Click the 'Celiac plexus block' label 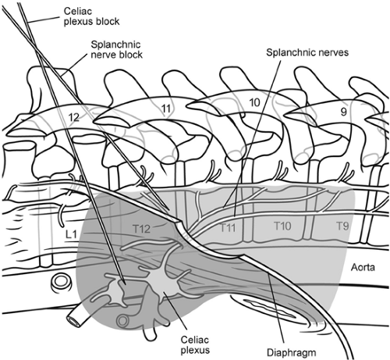pyautogui.click(x=91, y=16)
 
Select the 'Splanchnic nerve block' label pyautogui.click(x=116, y=49)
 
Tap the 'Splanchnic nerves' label pyautogui.click(x=307, y=52)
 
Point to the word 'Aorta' pyautogui.click(x=363, y=267)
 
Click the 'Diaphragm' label pyautogui.click(x=292, y=353)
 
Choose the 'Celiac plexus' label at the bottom pyautogui.click(x=195, y=344)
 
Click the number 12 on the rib pyautogui.click(x=74, y=118)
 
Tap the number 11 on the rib pyautogui.click(x=166, y=109)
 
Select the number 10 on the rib pyautogui.click(x=254, y=102)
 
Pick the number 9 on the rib pyautogui.click(x=343, y=112)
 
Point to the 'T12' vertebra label pyautogui.click(x=141, y=229)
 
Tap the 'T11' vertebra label pyautogui.click(x=228, y=228)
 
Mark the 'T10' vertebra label pyautogui.click(x=282, y=226)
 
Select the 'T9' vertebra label pyautogui.click(x=342, y=226)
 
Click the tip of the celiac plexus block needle pyautogui.click(x=126, y=284)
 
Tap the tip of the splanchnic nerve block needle pyautogui.click(x=169, y=211)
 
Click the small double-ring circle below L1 pyautogui.click(x=61, y=282)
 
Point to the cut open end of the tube pyautogui.click(x=73, y=321)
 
